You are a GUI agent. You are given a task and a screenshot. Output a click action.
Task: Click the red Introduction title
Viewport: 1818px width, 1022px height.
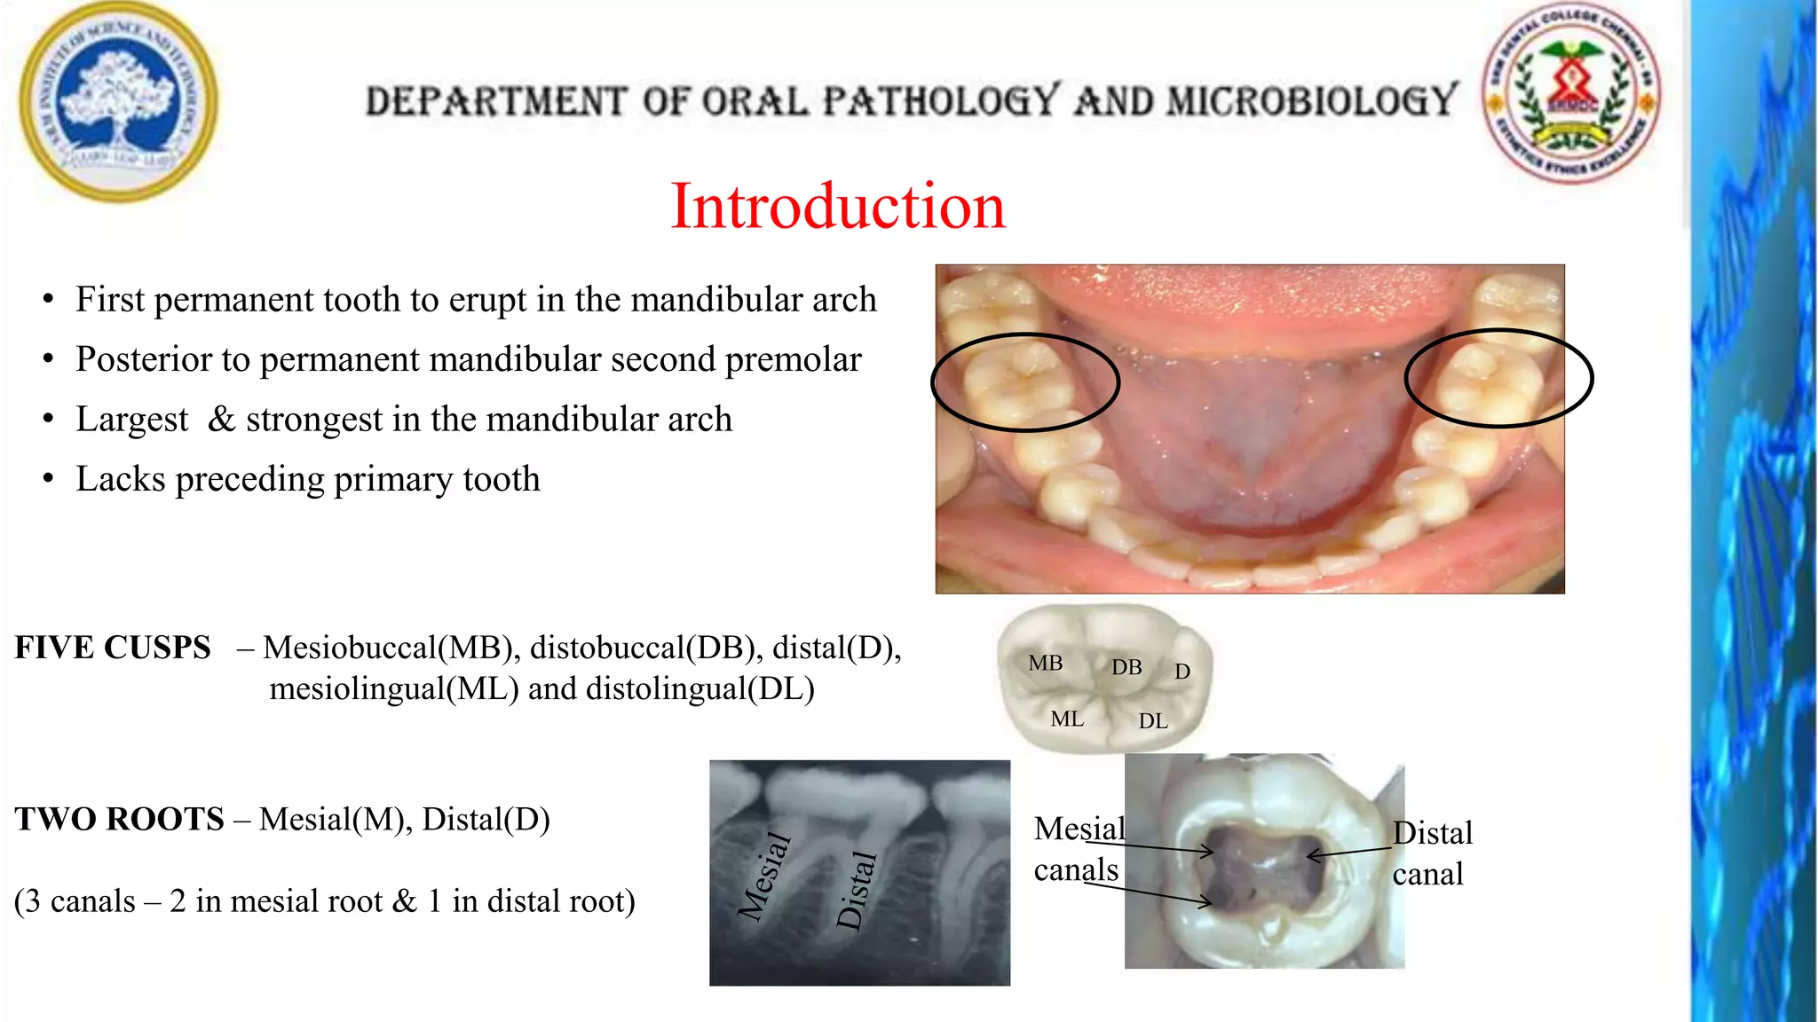tap(838, 206)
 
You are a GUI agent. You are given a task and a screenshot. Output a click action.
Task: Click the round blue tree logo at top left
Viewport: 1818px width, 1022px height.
tap(118, 101)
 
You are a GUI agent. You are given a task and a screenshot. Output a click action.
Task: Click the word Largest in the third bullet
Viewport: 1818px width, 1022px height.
tap(132, 420)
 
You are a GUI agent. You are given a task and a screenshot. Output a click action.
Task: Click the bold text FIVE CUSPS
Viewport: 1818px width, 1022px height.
tap(113, 648)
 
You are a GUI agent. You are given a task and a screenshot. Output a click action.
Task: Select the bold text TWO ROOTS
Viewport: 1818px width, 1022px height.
tap(119, 819)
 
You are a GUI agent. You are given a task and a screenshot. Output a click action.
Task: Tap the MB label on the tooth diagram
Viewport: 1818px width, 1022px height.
tap(1045, 663)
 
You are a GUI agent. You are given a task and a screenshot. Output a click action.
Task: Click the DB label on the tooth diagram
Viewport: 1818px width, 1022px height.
tap(1126, 667)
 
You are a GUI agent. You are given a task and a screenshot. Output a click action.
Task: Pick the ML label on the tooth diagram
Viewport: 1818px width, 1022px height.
tap(1067, 719)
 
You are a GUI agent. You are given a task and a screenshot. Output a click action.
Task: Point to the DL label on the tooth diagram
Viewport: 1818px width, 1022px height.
tap(1153, 721)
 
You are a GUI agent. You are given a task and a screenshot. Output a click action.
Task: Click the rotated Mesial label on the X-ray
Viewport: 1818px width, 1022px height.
tap(764, 876)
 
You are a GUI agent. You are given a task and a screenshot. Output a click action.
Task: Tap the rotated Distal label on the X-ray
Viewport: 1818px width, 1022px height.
tap(857, 890)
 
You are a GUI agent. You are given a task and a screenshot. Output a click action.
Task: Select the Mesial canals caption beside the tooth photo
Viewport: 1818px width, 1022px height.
tap(1078, 849)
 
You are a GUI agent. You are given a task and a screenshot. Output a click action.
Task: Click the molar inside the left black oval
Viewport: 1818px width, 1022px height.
tap(1018, 383)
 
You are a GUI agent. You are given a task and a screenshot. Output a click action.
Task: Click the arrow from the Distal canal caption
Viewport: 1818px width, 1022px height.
tap(1349, 853)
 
